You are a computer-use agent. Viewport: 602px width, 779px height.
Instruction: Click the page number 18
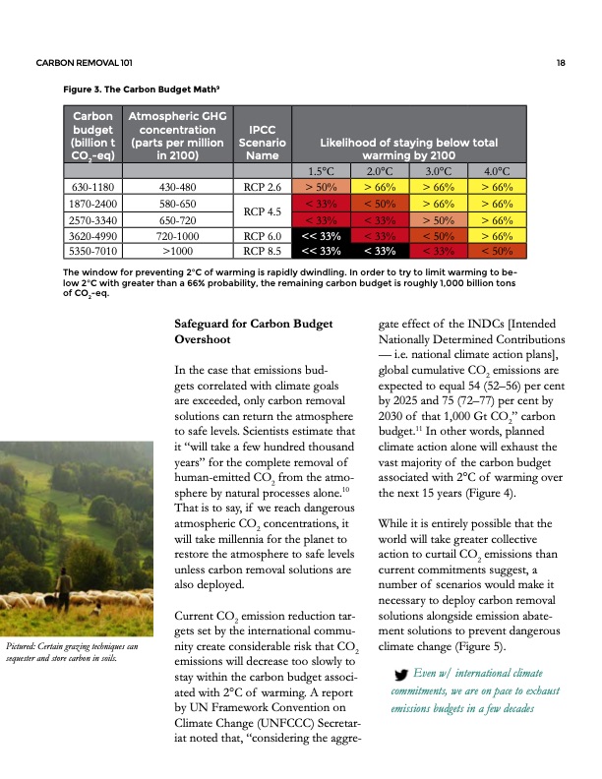point(559,64)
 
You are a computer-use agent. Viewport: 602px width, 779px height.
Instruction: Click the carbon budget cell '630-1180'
point(90,186)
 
